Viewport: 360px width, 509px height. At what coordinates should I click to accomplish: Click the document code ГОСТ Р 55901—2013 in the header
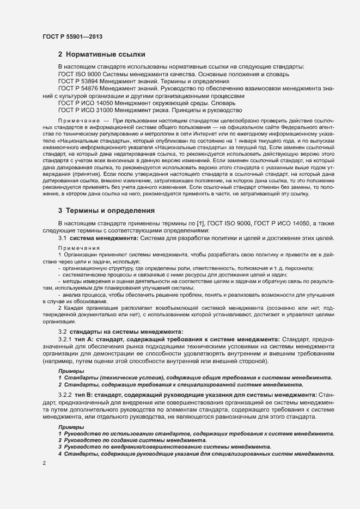pos(72,36)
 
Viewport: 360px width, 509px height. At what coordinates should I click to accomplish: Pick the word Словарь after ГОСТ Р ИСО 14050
pos(221,103)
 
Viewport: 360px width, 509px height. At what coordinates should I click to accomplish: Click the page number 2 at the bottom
pos(44,463)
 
